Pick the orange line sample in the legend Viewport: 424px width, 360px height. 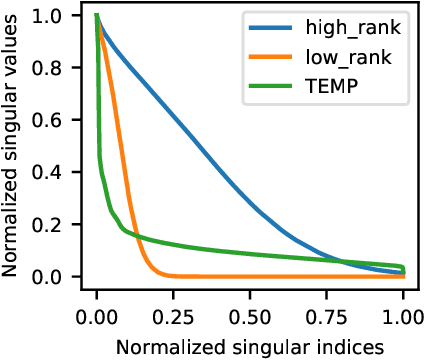click(x=273, y=58)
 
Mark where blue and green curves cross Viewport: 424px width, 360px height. click(x=343, y=262)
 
